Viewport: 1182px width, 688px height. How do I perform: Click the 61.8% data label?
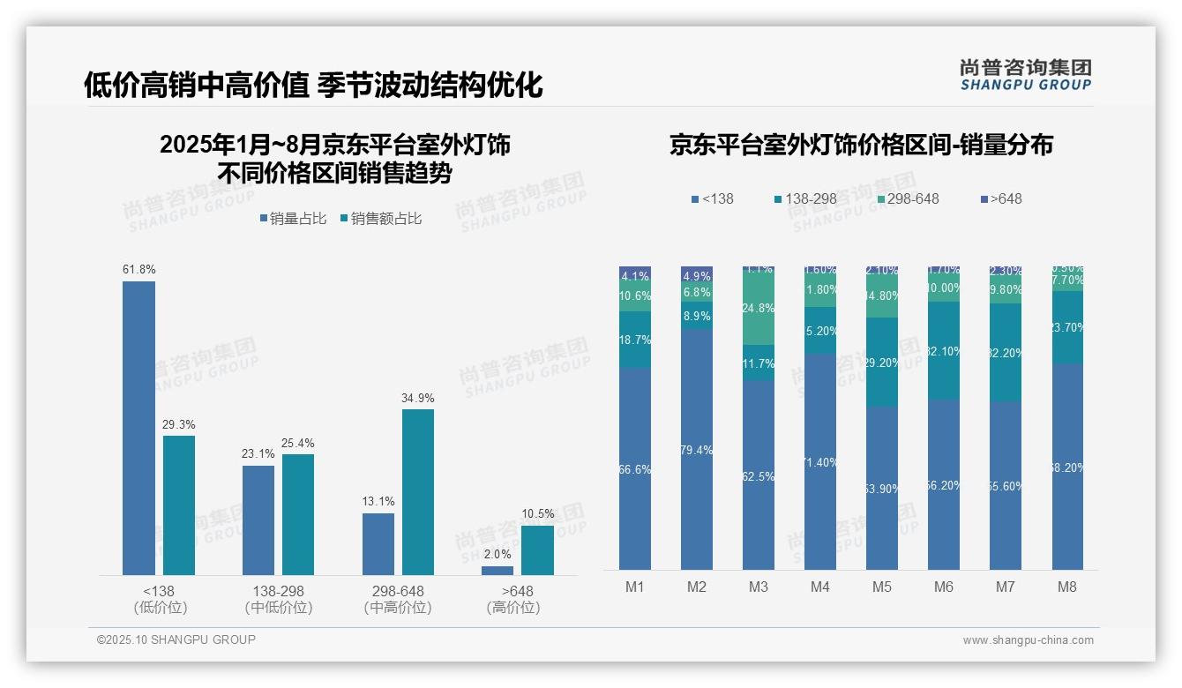tap(138, 269)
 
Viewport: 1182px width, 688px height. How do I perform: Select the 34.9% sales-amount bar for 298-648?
tap(418, 491)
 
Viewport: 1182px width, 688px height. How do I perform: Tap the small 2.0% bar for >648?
tap(497, 571)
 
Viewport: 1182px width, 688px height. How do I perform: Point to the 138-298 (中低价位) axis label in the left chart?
tap(278, 599)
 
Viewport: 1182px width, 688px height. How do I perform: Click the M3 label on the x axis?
tap(759, 587)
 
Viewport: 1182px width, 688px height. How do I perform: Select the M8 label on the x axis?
tap(1066, 587)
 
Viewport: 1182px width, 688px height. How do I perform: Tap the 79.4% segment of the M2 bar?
tap(697, 450)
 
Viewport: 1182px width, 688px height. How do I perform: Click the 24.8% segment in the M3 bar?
tap(759, 308)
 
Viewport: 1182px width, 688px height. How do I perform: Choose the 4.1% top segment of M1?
tap(635, 274)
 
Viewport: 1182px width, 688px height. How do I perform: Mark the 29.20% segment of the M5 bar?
tap(882, 362)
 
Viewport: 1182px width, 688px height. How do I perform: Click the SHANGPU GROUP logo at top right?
tap(1025, 75)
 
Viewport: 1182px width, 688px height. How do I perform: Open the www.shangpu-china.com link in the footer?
tap(1028, 640)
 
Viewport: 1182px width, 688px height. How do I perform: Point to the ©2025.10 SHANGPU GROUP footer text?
tap(176, 639)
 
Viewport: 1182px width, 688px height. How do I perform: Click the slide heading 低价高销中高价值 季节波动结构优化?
tap(313, 85)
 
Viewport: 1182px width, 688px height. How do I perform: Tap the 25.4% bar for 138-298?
tap(298, 514)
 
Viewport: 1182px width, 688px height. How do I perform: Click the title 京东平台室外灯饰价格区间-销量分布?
tap(861, 145)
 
